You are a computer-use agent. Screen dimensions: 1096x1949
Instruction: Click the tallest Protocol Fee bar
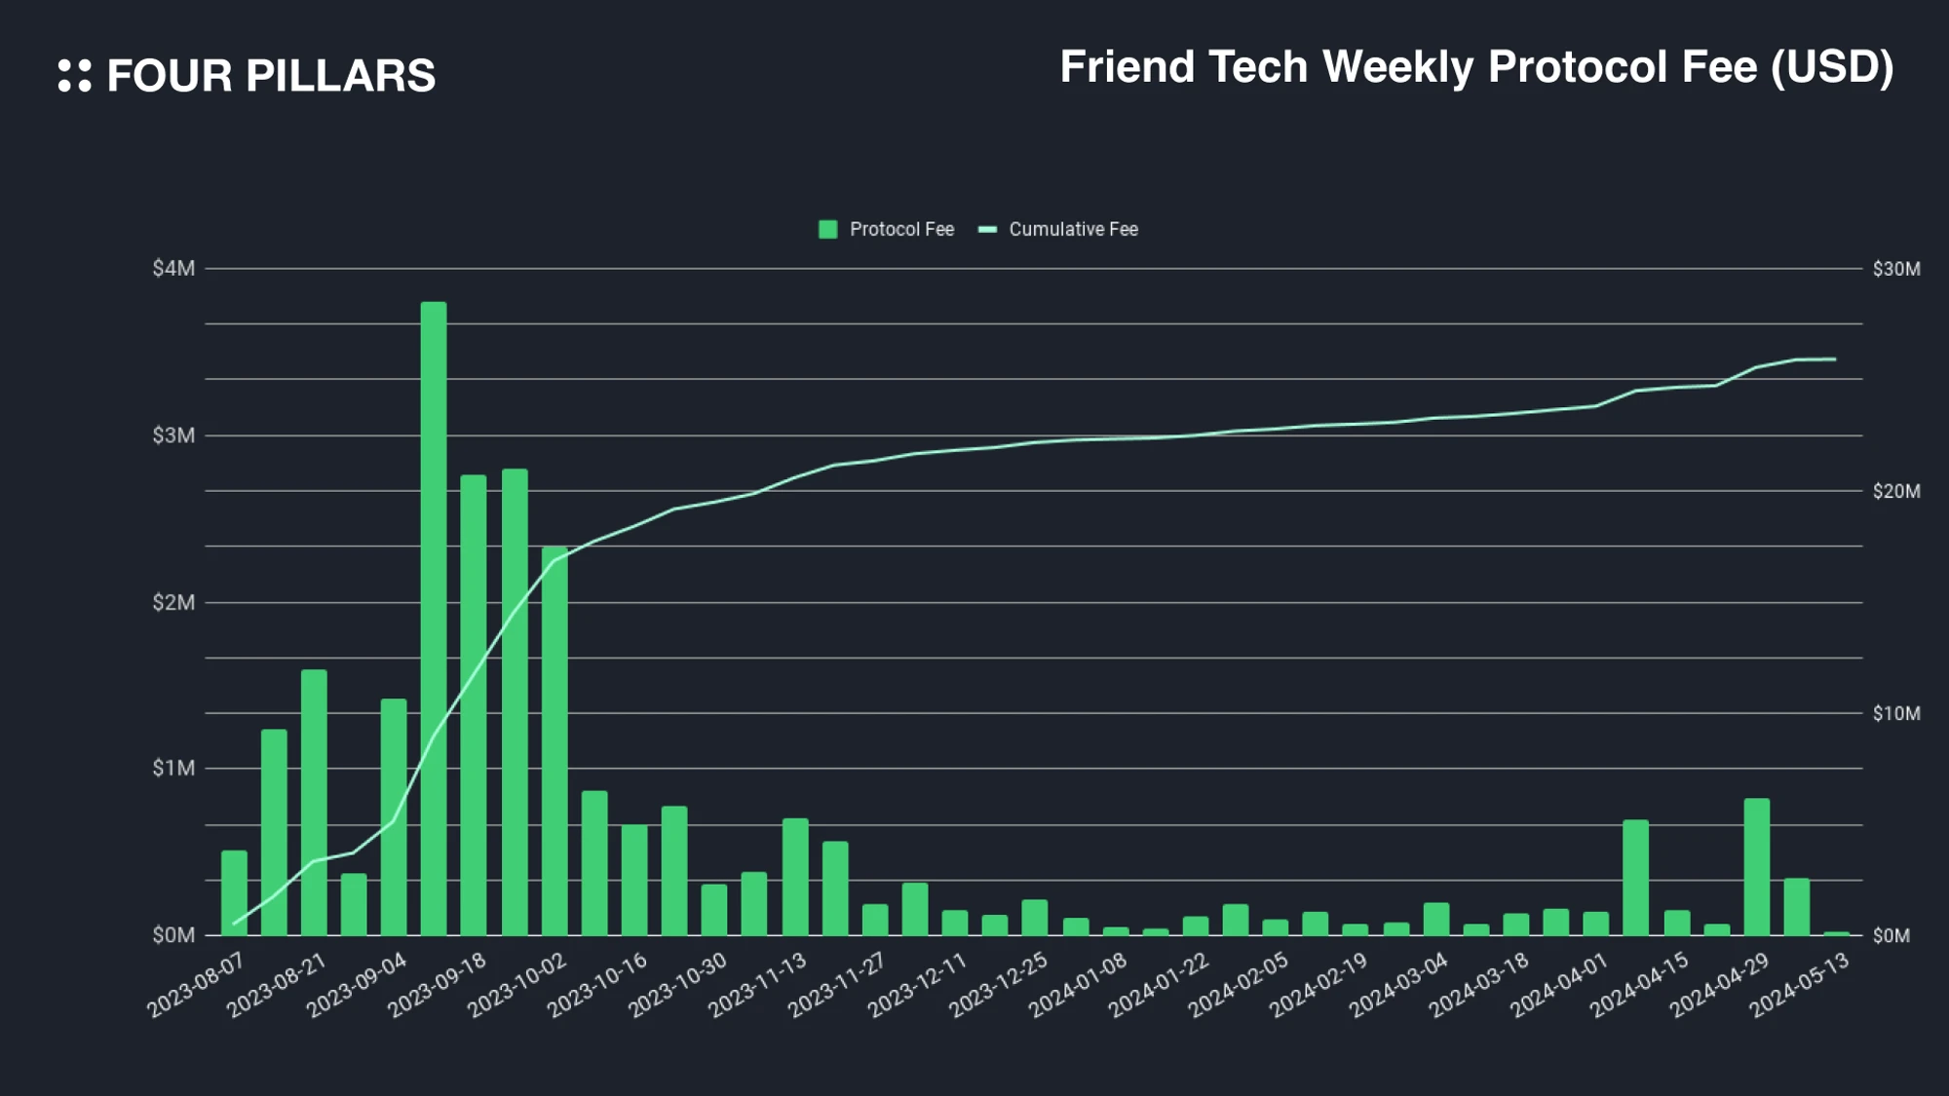pyautogui.click(x=434, y=619)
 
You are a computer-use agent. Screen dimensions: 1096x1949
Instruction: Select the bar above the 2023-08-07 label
pyautogui.click(x=234, y=892)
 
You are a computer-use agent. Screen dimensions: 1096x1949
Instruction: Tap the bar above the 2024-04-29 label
pyautogui.click(x=1757, y=867)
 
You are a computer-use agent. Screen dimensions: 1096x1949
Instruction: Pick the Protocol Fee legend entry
pyautogui.click(x=886, y=229)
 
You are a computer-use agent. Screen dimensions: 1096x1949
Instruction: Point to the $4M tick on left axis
pyautogui.click(x=173, y=268)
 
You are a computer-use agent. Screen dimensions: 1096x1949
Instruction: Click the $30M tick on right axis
pyautogui.click(x=1895, y=268)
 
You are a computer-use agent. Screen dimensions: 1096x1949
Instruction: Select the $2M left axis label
pyautogui.click(x=173, y=602)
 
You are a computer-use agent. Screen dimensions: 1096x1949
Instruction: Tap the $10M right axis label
pyautogui.click(x=1895, y=713)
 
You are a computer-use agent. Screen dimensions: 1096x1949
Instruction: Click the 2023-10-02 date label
pyautogui.click(x=517, y=986)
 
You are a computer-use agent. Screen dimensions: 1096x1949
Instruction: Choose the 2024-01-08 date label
pyautogui.click(x=1079, y=986)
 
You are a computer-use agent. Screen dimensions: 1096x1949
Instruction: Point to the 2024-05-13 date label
pyautogui.click(x=1800, y=986)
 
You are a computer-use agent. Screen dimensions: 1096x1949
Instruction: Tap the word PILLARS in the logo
pyautogui.click(x=340, y=76)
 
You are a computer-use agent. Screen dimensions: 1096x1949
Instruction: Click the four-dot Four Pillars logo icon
pyautogui.click(x=75, y=76)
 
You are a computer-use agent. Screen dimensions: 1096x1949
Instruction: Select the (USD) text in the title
pyautogui.click(x=1832, y=67)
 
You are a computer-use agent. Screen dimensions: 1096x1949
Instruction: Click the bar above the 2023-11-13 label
pyautogui.click(x=795, y=877)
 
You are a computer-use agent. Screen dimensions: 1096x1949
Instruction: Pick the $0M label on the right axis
pyautogui.click(x=1891, y=935)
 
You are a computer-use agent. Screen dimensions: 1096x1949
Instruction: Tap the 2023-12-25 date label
pyautogui.click(x=999, y=986)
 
